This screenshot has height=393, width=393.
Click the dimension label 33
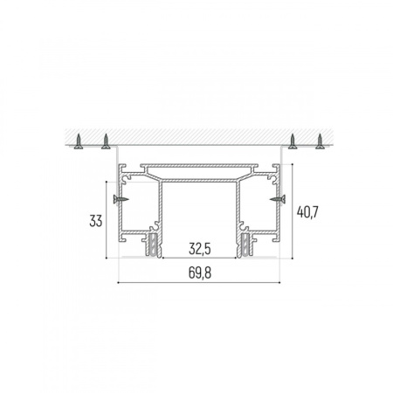96,221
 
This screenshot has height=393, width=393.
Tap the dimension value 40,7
307,211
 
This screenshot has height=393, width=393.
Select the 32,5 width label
200,249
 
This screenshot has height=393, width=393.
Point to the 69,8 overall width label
200,272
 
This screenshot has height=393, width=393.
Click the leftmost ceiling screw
79,141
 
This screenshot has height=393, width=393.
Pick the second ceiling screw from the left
106,141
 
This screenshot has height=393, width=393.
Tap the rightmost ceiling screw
320,141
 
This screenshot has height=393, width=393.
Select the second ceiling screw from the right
293,141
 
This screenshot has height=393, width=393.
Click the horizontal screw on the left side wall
121,199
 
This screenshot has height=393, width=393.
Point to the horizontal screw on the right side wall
278,199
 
